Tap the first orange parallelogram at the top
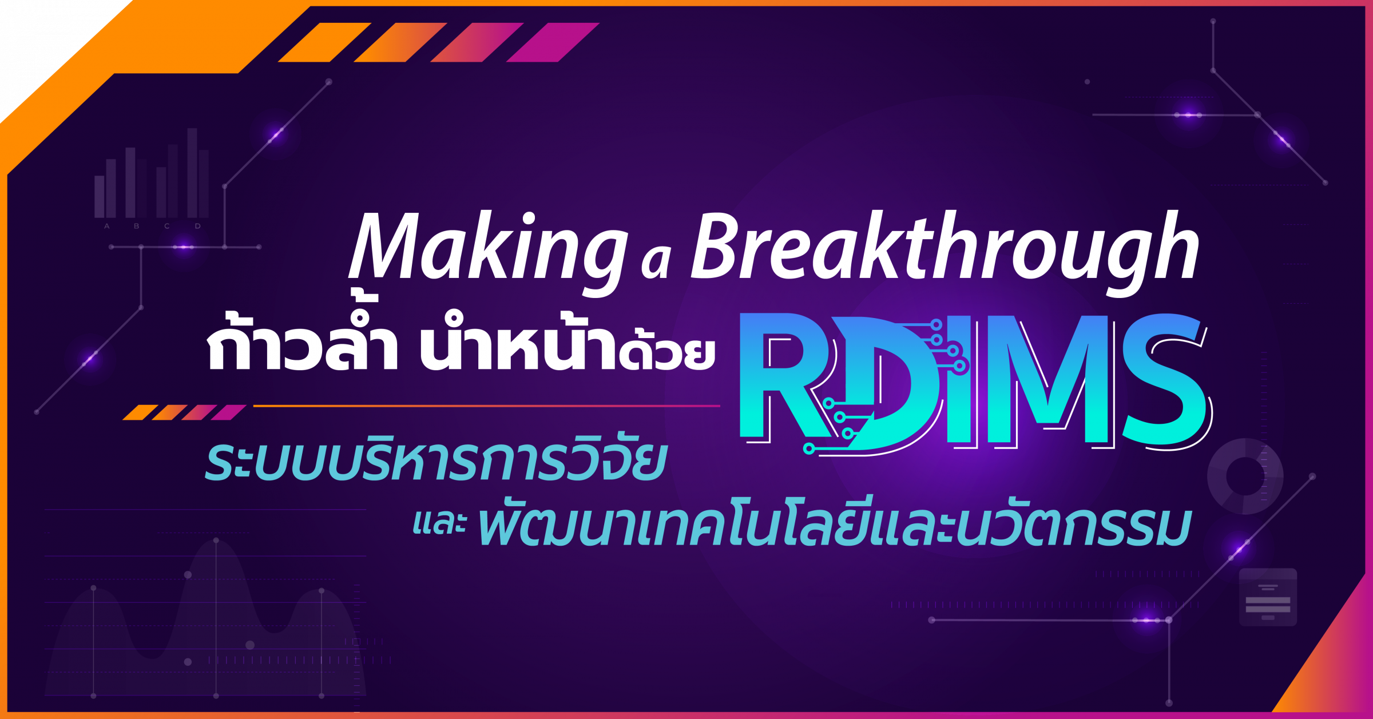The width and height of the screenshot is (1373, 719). click(324, 42)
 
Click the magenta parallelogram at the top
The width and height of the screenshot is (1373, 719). click(553, 42)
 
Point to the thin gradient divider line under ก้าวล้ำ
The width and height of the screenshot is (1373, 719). click(486, 406)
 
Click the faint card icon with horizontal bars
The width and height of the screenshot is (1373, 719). click(1268, 597)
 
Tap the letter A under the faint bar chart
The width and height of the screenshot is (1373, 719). click(107, 227)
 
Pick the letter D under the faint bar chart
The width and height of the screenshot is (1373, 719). click(198, 227)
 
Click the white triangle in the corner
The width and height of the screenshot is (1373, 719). click(46, 40)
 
